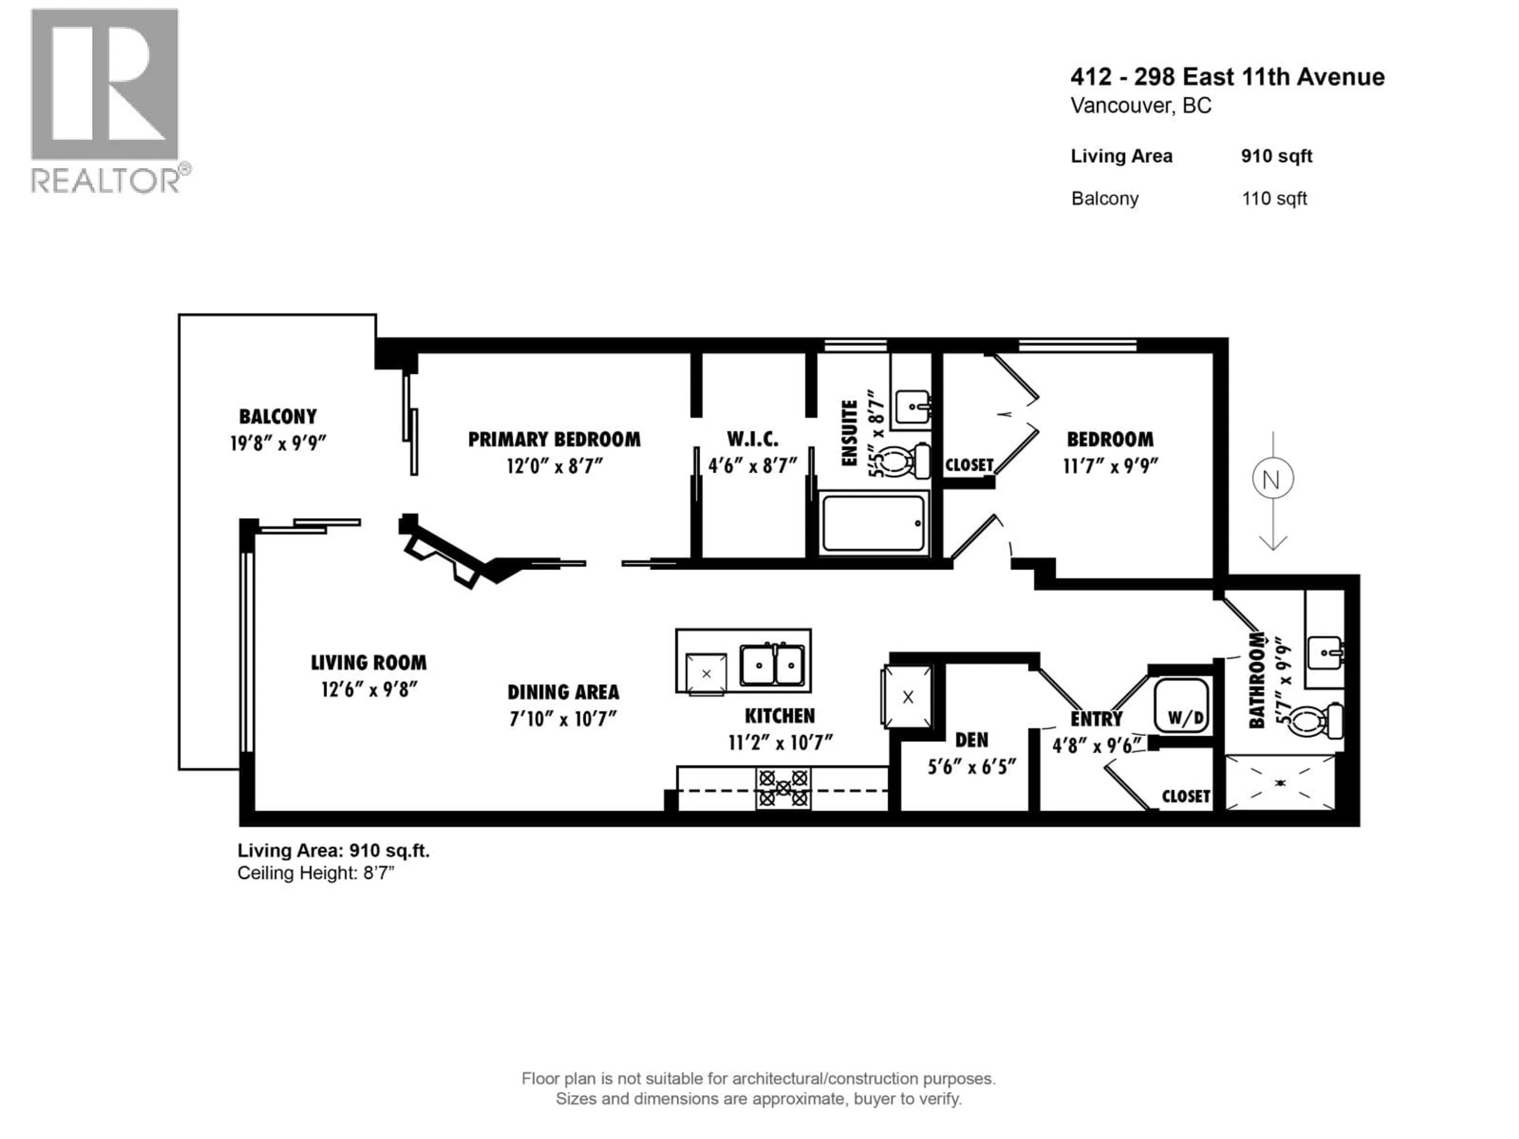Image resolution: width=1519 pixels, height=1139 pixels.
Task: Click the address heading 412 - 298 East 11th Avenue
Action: pos(1227,77)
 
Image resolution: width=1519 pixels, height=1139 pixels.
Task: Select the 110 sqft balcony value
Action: pos(1274,199)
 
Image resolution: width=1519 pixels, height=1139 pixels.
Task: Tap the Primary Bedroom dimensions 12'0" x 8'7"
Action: pos(554,467)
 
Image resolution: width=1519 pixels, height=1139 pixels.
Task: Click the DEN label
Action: pos(971,740)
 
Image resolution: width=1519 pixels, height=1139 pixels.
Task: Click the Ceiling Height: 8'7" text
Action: pos(316,873)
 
